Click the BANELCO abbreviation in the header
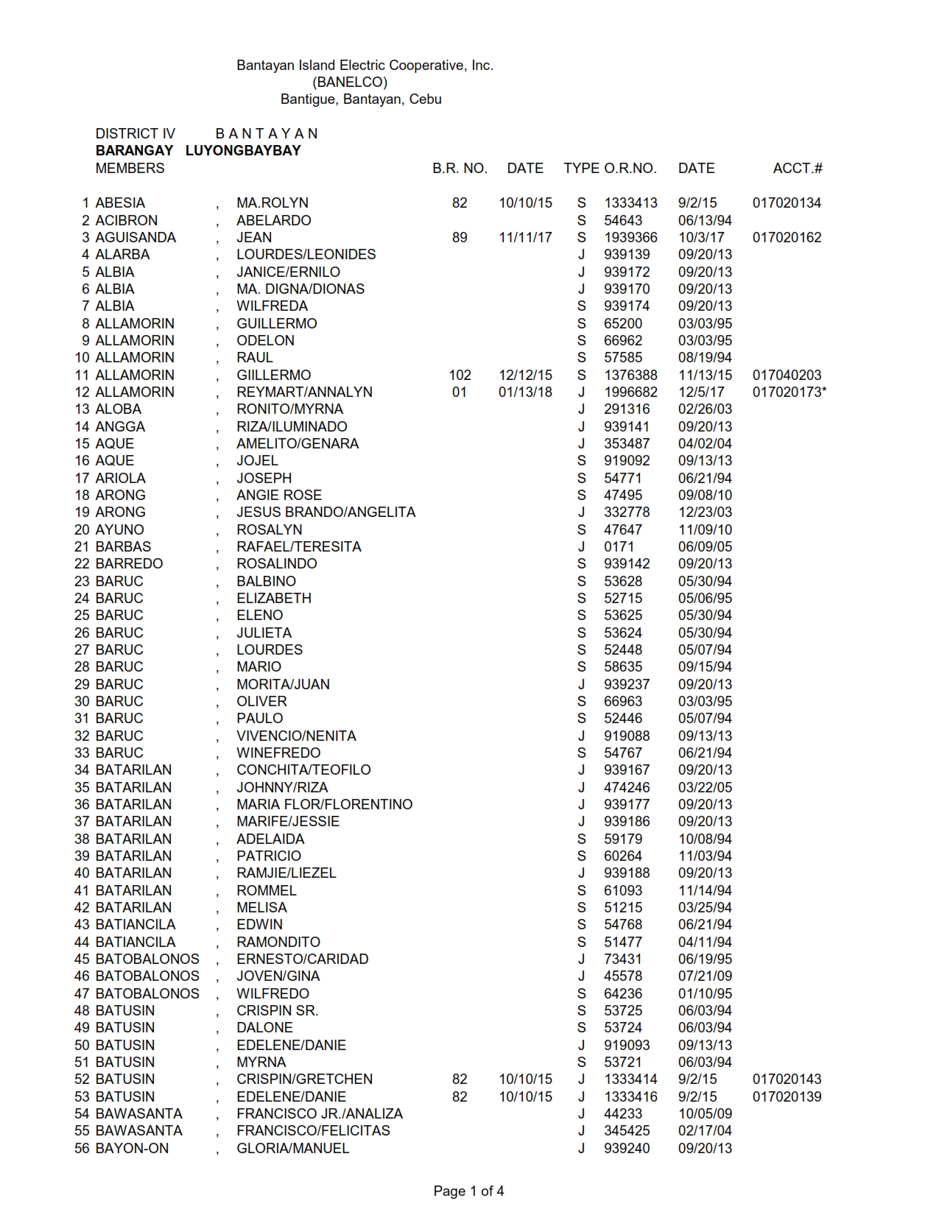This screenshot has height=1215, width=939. [x=350, y=82]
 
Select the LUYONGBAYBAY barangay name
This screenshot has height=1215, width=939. [x=243, y=150]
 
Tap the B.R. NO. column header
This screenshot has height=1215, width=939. [x=460, y=168]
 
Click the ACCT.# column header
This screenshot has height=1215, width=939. [x=797, y=168]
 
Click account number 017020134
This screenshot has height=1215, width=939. [x=787, y=202]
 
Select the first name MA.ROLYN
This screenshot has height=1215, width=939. [x=272, y=202]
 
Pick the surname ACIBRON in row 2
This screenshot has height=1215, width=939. [x=126, y=220]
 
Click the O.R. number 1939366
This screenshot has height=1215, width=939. [x=630, y=237]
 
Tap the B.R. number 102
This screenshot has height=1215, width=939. [x=460, y=375]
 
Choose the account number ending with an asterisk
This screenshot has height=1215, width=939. [x=789, y=392]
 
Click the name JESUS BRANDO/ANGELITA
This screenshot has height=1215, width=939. [x=326, y=512]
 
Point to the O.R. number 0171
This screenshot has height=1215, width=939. [x=619, y=546]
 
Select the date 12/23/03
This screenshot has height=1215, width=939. [x=705, y=512]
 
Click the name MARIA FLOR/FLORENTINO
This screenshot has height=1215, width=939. [x=324, y=804]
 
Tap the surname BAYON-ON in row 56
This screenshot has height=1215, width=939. [x=132, y=1148]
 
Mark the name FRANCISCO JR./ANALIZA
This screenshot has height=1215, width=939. [x=320, y=1113]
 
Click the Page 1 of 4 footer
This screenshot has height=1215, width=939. [x=468, y=1191]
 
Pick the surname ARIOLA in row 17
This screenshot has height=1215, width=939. [x=120, y=478]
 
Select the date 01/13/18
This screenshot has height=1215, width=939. [x=525, y=392]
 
